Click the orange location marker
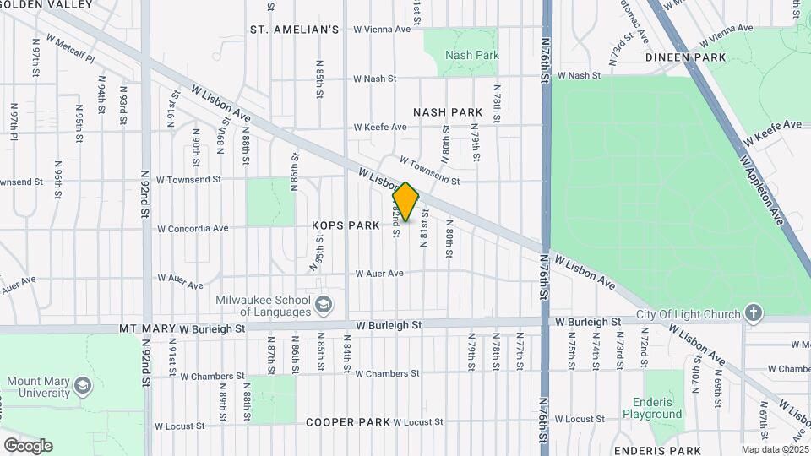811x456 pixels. pos(406,202)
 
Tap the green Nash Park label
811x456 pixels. pos(472,56)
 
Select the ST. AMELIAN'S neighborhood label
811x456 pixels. pos(295,30)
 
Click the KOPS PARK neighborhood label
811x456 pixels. pos(346,225)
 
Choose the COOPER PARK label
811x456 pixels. pos(348,421)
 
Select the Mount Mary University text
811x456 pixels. pos(39,387)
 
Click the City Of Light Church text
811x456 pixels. pos(689,315)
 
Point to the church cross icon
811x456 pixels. pos(754,315)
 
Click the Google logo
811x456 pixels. pos(28,446)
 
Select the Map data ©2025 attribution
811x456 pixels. pos(775,449)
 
